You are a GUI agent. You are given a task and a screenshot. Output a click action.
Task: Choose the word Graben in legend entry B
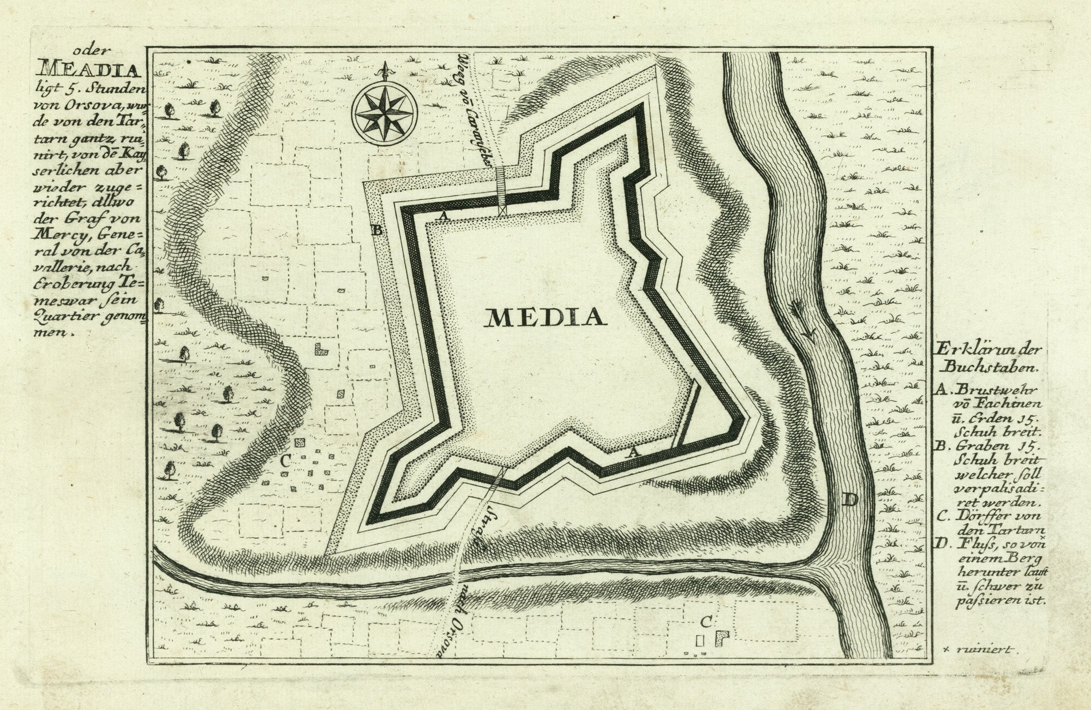[973, 447]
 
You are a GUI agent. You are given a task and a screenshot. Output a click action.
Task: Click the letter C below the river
[705, 622]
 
